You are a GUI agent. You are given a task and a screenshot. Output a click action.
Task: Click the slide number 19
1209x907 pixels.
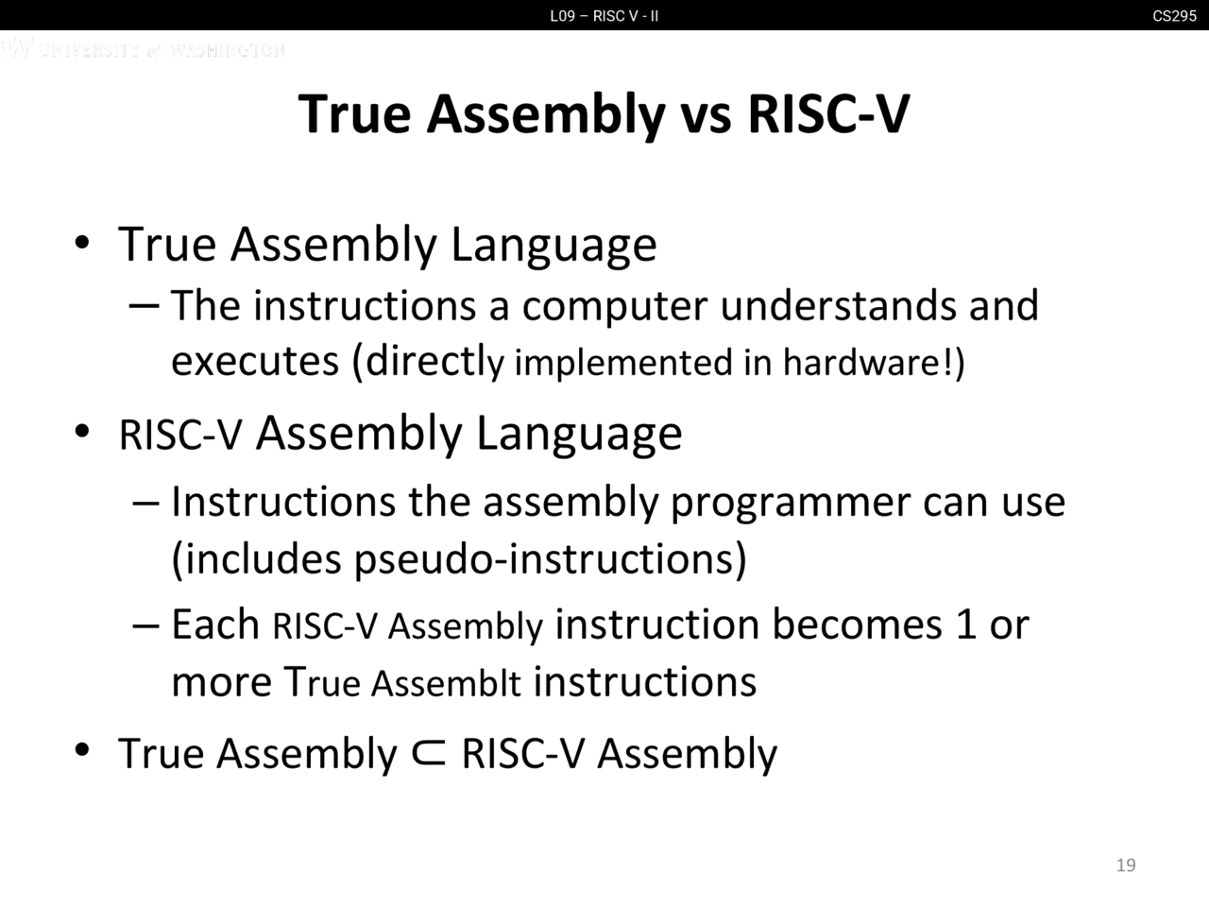1126,865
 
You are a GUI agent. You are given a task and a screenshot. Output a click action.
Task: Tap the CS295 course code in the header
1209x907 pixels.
1174,16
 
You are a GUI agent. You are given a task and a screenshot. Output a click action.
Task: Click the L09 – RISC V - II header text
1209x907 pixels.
604,16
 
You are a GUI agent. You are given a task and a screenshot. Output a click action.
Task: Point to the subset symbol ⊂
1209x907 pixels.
429,754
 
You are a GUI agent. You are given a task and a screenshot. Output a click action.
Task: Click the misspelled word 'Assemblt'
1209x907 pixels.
446,683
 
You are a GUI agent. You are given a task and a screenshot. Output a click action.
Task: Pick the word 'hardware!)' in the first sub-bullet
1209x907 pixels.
874,364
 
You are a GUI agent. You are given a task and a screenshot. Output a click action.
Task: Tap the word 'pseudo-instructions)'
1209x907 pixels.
550,560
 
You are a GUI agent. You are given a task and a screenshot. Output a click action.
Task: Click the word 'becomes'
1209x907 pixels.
857,625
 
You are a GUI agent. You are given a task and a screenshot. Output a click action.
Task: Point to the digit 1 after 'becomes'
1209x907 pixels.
966,625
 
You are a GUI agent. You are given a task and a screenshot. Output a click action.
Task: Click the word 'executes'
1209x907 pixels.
255,363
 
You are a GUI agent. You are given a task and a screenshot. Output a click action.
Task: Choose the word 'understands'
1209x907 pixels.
839,304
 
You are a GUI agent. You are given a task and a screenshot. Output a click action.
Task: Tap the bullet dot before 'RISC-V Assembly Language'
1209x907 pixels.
82,432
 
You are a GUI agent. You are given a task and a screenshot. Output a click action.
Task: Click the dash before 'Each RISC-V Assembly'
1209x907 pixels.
146,626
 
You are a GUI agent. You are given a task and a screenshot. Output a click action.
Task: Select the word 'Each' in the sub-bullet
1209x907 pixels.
215,625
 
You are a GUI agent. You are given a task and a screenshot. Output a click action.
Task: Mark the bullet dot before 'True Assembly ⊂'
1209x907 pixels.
82,749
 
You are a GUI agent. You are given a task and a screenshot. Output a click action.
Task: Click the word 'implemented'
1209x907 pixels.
623,364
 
